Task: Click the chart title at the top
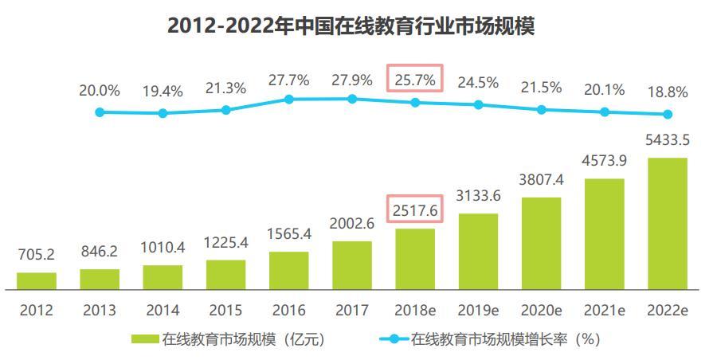coord(351,25)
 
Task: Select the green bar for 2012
coord(37,280)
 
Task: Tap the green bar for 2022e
coord(668,223)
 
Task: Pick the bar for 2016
coord(288,270)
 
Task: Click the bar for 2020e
coord(542,242)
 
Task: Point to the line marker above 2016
coord(289,100)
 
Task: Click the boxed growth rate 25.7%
coord(414,80)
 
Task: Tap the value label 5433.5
coord(668,140)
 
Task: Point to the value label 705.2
coord(37,255)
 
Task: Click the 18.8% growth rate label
coord(668,92)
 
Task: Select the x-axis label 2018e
coord(414,310)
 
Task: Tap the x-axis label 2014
coord(163,310)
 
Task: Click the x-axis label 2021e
coord(605,310)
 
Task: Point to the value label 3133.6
coord(478,196)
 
